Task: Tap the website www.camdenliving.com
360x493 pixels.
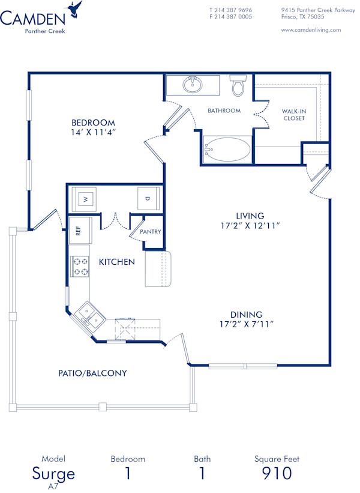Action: pos(311,29)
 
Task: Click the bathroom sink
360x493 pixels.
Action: pos(193,85)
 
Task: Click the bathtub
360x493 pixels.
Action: pos(227,150)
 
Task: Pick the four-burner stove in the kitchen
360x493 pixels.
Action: pos(80,267)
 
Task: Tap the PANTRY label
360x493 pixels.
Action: pos(150,232)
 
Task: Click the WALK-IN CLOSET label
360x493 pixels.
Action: pos(294,115)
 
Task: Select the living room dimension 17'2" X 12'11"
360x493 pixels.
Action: pos(250,225)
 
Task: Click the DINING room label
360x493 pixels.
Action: pos(247,314)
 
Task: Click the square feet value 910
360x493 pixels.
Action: pos(277,473)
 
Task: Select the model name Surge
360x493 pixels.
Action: pos(53,473)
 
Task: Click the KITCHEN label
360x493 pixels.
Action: pos(116,262)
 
